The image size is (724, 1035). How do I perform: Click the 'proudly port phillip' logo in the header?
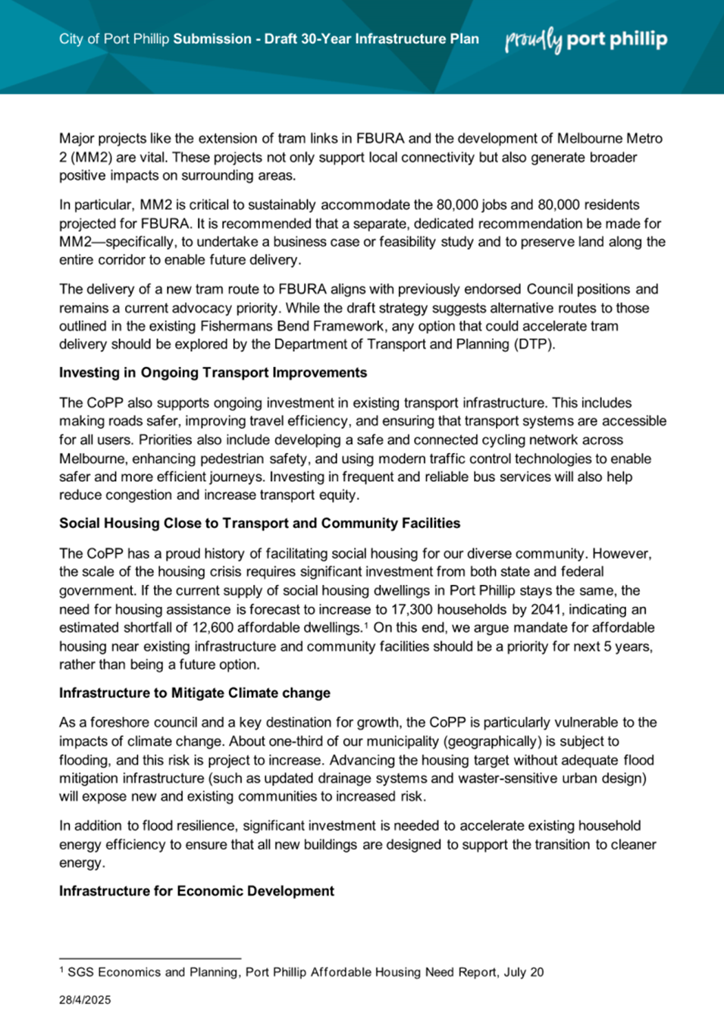(586, 39)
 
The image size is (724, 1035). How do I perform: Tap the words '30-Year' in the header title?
(325, 39)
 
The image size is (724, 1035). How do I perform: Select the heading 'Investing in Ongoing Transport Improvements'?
(213, 373)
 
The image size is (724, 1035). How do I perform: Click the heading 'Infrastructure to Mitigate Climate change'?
(195, 693)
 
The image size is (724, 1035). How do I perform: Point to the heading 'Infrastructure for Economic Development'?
(196, 891)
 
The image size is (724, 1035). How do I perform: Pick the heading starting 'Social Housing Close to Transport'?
(260, 524)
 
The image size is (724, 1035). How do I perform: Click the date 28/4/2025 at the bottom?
(85, 1000)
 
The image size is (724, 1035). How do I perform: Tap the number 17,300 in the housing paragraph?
(414, 609)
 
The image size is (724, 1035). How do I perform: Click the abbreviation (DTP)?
(535, 345)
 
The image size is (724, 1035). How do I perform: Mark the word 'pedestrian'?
(227, 458)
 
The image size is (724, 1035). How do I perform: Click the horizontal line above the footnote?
(150, 958)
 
